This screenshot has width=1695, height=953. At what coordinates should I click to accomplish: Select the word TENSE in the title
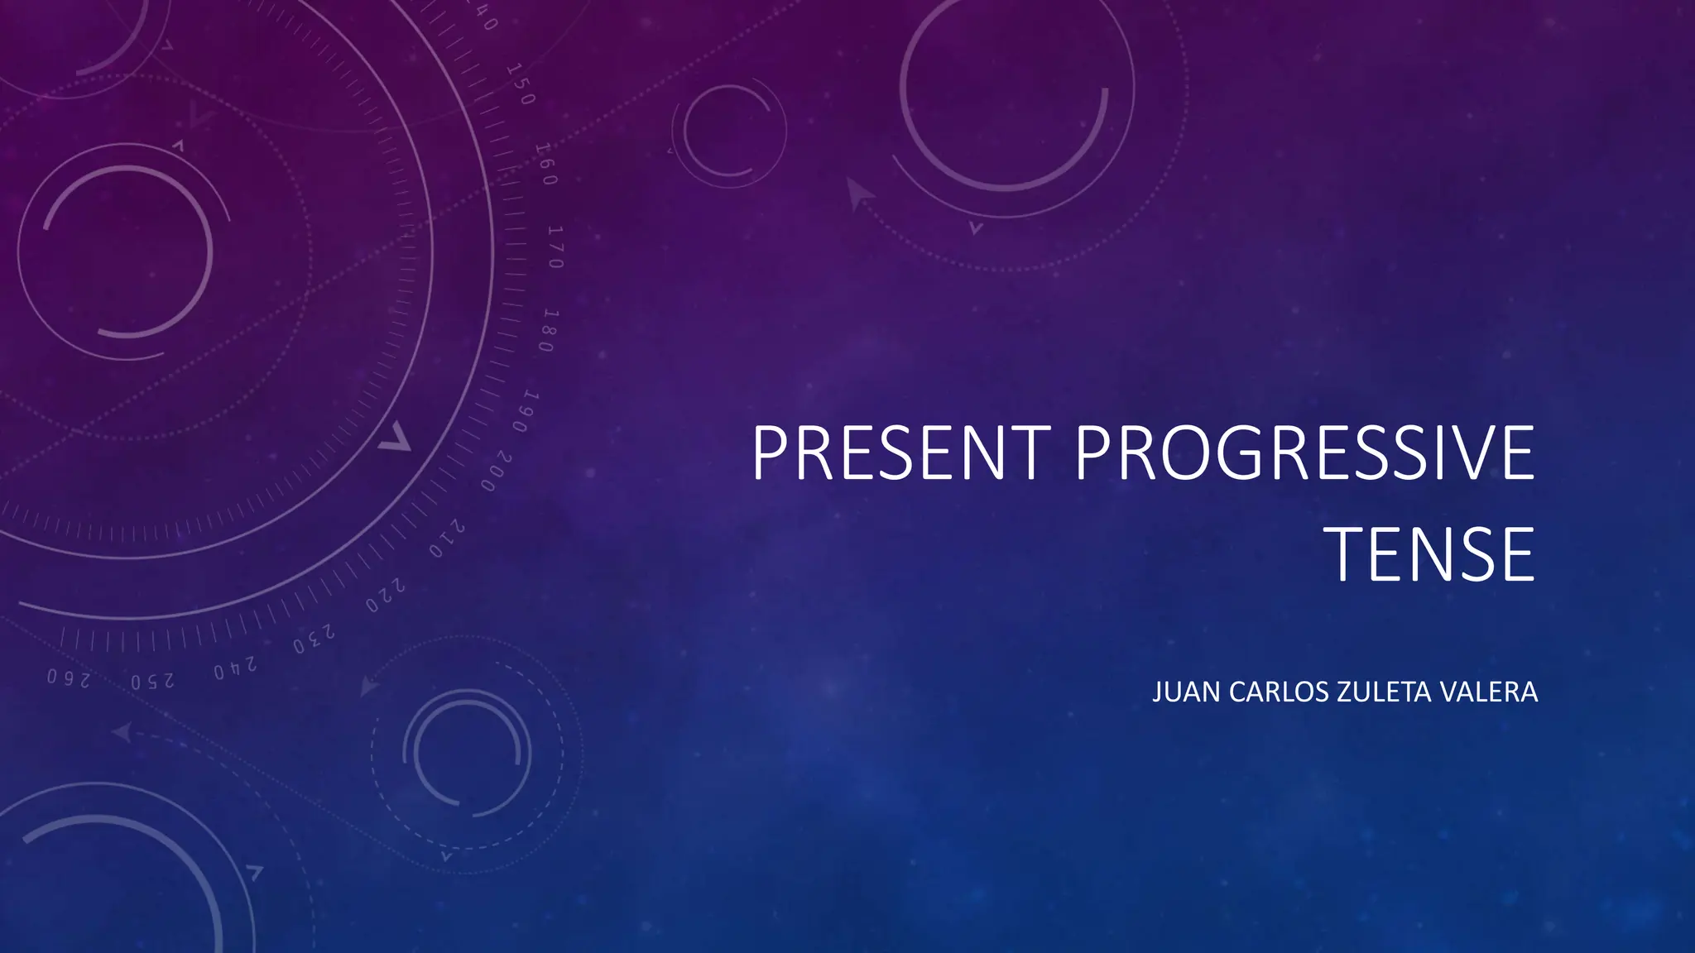(1430, 554)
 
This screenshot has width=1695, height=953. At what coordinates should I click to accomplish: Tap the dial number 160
(546, 164)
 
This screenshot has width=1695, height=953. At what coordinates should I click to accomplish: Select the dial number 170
(555, 247)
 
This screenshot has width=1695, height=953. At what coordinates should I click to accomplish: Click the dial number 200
(496, 472)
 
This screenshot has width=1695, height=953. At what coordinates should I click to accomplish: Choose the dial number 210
(446, 539)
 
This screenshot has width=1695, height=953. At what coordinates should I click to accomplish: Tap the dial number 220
(386, 596)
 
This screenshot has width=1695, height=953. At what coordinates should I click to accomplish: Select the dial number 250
(153, 681)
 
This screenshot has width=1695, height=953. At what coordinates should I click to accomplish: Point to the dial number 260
(69, 678)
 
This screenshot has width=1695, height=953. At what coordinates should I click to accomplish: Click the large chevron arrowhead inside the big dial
(395, 438)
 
